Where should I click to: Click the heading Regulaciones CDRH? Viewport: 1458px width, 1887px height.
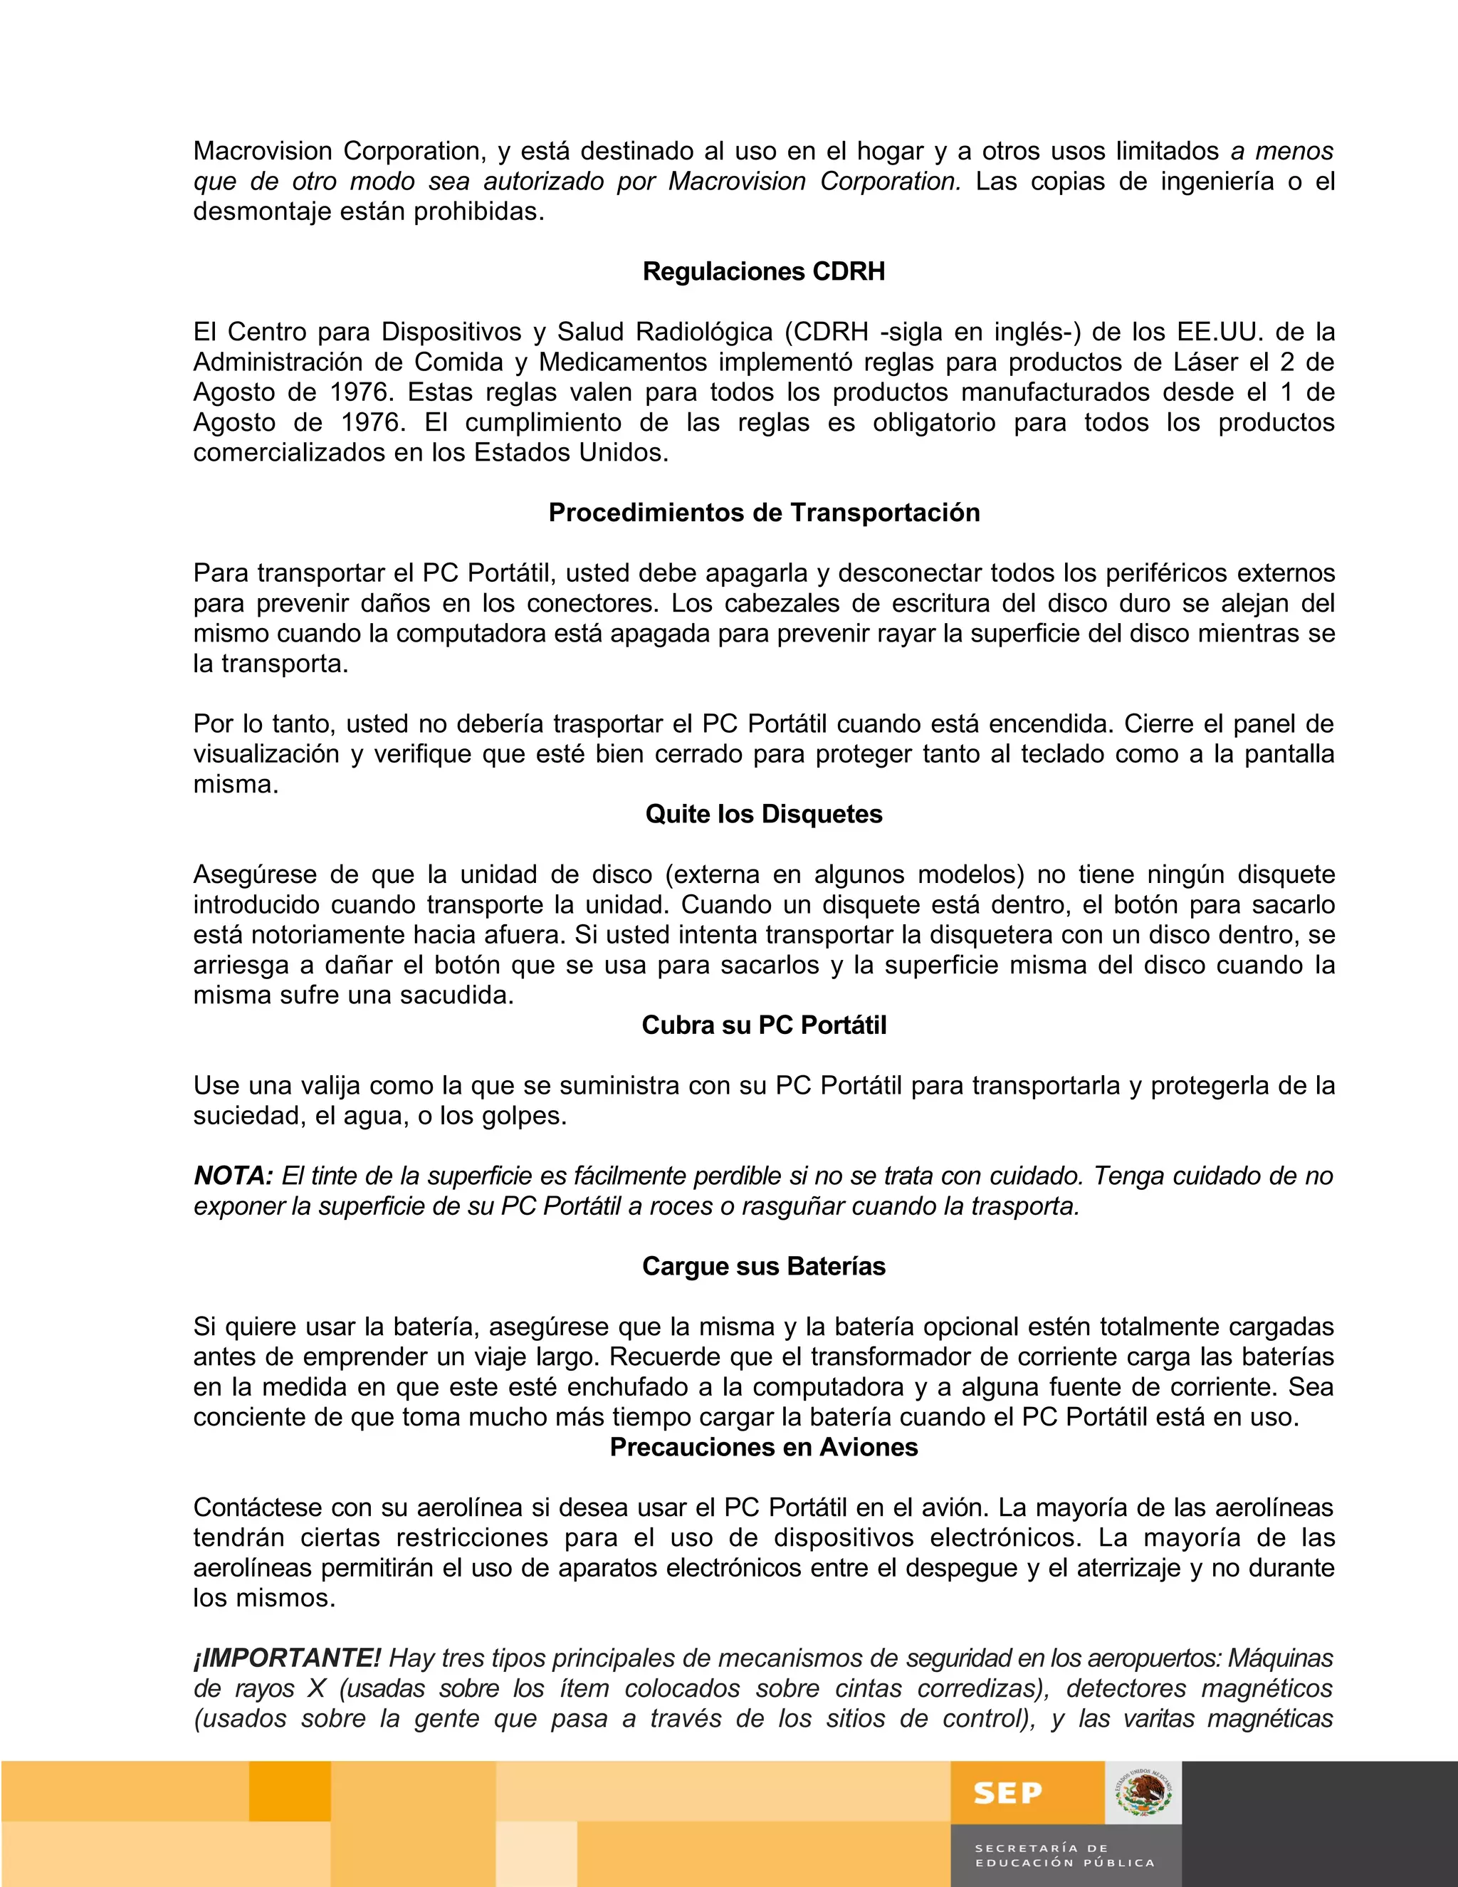(x=764, y=271)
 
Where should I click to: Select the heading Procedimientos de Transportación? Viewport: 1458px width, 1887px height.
(x=764, y=513)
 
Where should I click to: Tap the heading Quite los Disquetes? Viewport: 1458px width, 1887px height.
(x=764, y=814)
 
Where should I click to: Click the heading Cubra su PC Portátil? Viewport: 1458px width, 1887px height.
(x=764, y=1025)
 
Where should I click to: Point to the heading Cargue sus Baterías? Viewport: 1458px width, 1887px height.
(x=764, y=1266)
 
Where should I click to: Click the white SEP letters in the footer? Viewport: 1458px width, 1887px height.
(x=1007, y=1793)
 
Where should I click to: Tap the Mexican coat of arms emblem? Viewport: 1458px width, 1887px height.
(x=1143, y=1792)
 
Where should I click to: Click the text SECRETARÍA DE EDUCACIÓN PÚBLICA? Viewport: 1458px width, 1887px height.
(x=1064, y=1855)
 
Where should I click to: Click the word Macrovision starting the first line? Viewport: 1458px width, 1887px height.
(x=262, y=151)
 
